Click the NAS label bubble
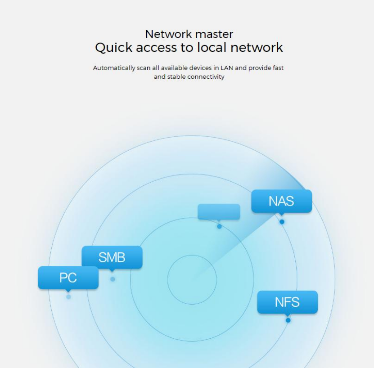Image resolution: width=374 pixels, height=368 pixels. [x=281, y=201]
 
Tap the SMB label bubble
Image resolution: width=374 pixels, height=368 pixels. [x=112, y=257]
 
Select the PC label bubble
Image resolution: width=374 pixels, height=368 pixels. [x=68, y=278]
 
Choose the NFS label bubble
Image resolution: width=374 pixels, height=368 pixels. [x=287, y=302]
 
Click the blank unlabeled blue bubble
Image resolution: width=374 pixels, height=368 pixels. [x=219, y=211]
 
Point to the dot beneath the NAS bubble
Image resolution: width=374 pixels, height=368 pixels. [x=282, y=222]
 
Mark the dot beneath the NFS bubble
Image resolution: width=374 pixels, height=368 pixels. [x=288, y=320]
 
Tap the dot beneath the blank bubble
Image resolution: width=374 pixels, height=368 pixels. [x=219, y=226]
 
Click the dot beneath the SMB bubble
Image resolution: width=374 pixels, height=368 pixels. [x=113, y=279]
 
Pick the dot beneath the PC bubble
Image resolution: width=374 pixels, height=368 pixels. [x=68, y=297]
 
